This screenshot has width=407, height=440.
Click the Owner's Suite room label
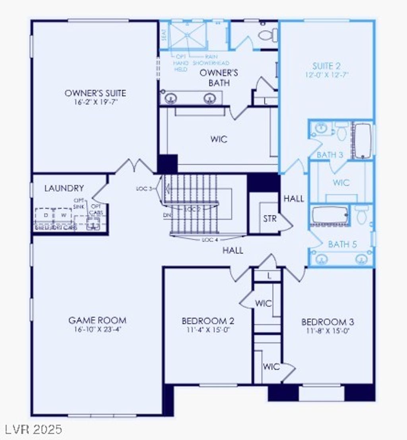[x=95, y=93]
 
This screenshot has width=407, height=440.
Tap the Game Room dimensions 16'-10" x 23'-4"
[x=97, y=329]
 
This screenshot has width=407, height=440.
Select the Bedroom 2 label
[x=208, y=321]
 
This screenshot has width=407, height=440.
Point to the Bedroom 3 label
[x=328, y=322]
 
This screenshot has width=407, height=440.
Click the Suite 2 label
[x=326, y=66]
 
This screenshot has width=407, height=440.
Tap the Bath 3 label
[x=329, y=155]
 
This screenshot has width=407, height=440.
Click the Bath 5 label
[x=342, y=244]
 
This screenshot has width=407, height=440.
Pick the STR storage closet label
[x=269, y=219]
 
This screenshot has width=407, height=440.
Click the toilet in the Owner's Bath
[x=268, y=35]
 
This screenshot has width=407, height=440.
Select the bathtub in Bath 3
[x=362, y=141]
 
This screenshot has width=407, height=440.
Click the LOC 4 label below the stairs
[x=211, y=240]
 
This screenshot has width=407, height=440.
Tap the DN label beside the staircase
[x=167, y=215]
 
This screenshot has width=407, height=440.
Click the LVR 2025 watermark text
[x=34, y=429]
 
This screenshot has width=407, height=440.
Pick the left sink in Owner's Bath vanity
[x=171, y=98]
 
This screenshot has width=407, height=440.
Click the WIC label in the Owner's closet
[x=219, y=139]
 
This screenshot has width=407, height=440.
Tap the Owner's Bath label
[x=219, y=78]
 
